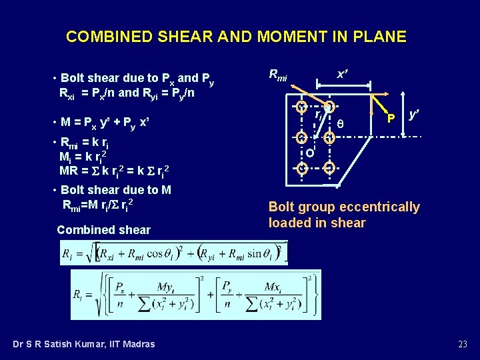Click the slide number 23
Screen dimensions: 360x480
tap(463, 344)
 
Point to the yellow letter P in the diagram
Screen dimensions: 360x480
tap(391, 118)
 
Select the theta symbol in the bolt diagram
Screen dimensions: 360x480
tap(341, 123)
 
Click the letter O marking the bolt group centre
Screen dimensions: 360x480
tap(310, 153)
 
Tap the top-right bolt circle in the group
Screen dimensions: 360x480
tap(329, 107)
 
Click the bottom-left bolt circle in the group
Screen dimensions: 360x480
tap(302, 167)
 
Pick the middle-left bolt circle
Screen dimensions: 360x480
tap(302, 138)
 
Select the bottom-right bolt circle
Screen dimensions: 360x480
tap(329, 167)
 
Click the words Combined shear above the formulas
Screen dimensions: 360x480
tap(104, 230)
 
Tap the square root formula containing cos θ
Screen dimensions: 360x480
tap(173, 253)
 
